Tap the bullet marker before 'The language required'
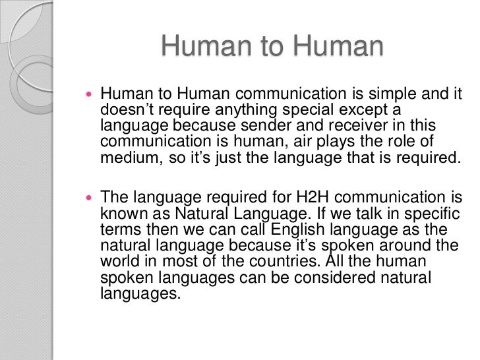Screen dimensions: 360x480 (90, 197)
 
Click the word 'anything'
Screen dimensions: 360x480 (238, 109)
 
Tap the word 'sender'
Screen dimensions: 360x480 (283, 125)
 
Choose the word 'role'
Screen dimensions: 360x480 (416, 141)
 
